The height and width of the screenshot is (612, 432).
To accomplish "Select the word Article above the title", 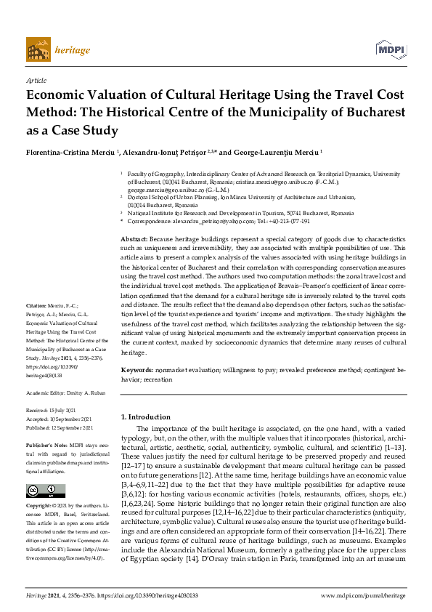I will [x=36, y=81].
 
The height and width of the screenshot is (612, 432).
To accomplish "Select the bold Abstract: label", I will [x=134, y=238].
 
